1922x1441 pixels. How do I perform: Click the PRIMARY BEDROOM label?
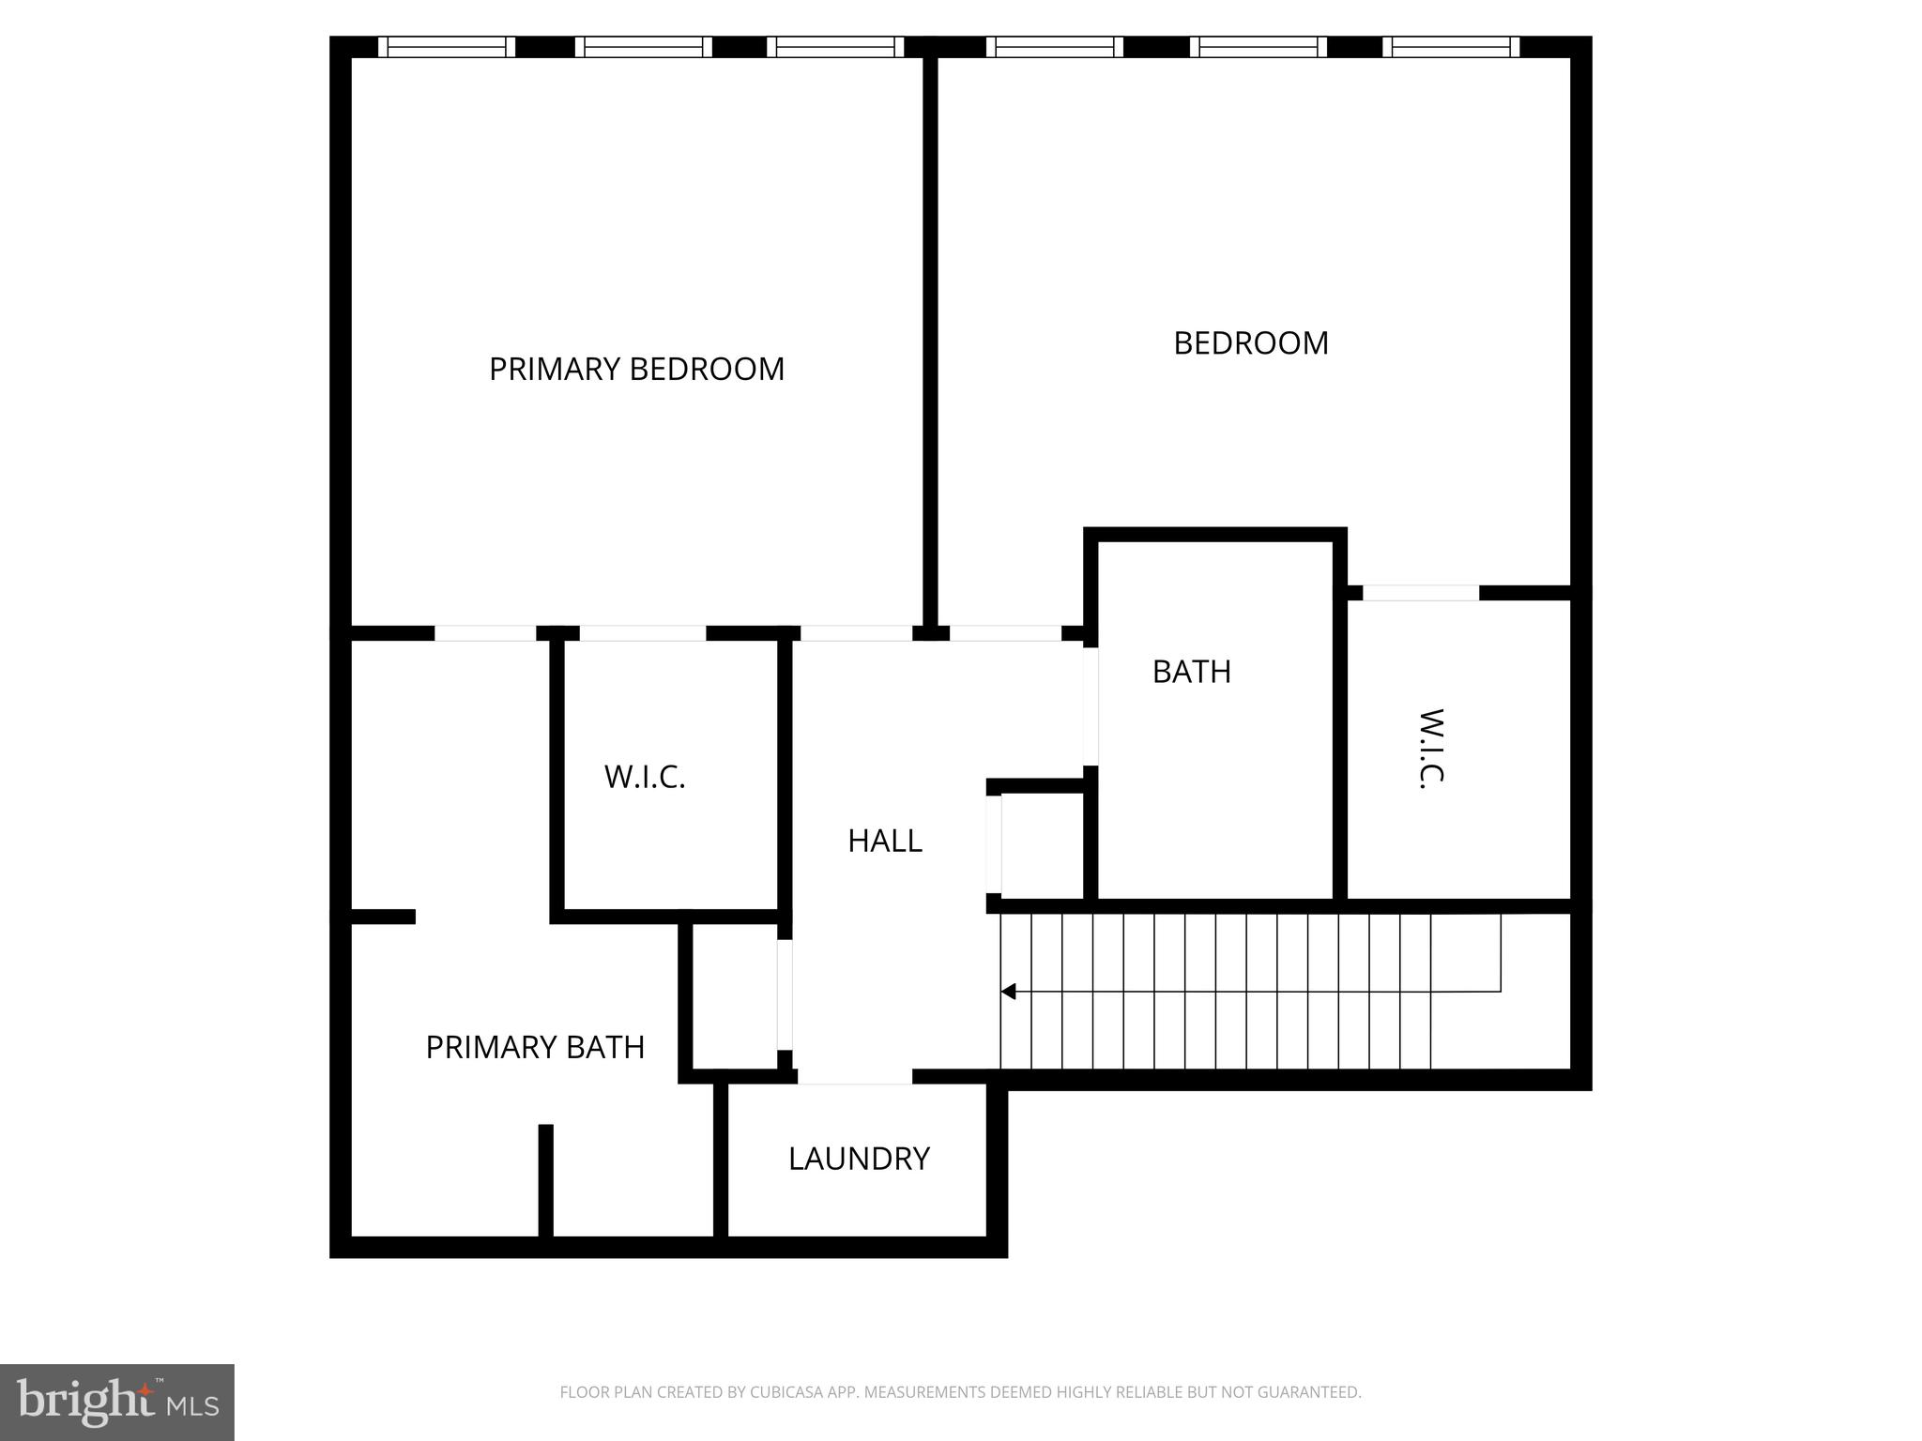pyautogui.click(x=636, y=369)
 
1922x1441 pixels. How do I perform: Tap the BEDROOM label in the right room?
pyautogui.click(x=1250, y=342)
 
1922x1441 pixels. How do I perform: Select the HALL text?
pyautogui.click(x=884, y=841)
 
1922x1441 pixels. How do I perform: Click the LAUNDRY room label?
pyautogui.click(x=858, y=1159)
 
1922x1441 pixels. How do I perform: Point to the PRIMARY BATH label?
pyautogui.click(x=535, y=1047)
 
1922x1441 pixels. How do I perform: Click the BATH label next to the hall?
pyautogui.click(x=1191, y=672)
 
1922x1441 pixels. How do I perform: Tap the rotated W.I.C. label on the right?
pyautogui.click(x=1430, y=749)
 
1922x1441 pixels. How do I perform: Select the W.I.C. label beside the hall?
pyautogui.click(x=645, y=777)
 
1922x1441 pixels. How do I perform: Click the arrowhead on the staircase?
pyautogui.click(x=1009, y=991)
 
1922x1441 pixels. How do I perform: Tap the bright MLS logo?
pyautogui.click(x=116, y=1402)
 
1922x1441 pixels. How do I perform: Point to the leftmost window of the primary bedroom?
pyautogui.click(x=446, y=47)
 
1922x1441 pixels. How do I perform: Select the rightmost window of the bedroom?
pyautogui.click(x=1451, y=47)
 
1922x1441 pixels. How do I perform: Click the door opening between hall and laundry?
pyautogui.click(x=854, y=1077)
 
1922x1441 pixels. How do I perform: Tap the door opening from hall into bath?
pyautogui.click(x=1091, y=705)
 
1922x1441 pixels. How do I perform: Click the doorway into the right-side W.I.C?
pyautogui.click(x=1420, y=593)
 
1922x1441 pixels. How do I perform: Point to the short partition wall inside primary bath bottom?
pyautogui.click(x=545, y=1180)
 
